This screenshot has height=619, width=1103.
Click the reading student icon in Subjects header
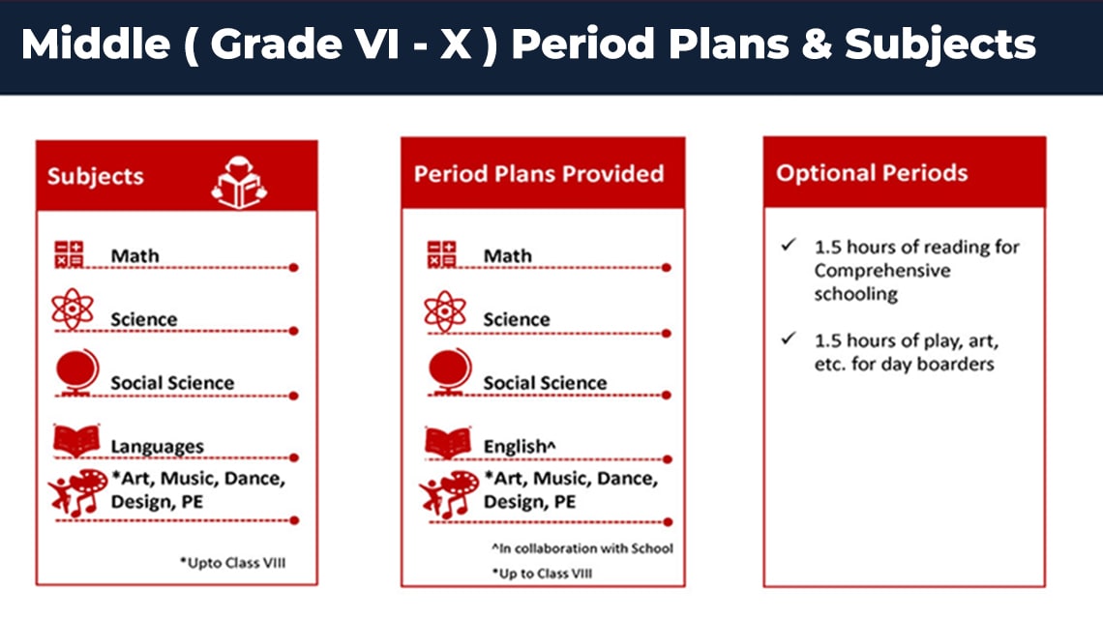point(239,182)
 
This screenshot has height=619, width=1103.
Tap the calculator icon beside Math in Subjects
point(69,254)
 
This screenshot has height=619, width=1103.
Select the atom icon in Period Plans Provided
point(444,310)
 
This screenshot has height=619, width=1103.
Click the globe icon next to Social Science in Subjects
point(77,372)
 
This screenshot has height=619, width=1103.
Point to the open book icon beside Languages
point(76,441)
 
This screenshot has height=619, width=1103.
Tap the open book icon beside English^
point(448,442)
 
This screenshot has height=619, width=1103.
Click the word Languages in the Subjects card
point(157,447)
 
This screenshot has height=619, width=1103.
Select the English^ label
point(520,447)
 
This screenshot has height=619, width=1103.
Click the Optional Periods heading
point(872,173)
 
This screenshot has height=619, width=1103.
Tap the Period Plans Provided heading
point(539,174)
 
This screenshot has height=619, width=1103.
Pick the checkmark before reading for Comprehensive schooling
point(789,245)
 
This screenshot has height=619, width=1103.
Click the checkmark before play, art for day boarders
point(789,339)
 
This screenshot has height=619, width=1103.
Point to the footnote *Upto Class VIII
point(233,563)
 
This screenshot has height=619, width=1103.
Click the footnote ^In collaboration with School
point(582,548)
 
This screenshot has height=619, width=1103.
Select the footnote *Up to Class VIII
point(542,574)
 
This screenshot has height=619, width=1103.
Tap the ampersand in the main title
point(816,44)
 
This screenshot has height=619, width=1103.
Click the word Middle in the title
point(96,44)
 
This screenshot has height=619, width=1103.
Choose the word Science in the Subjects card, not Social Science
point(143,319)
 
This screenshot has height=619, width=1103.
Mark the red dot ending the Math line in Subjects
point(294,267)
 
